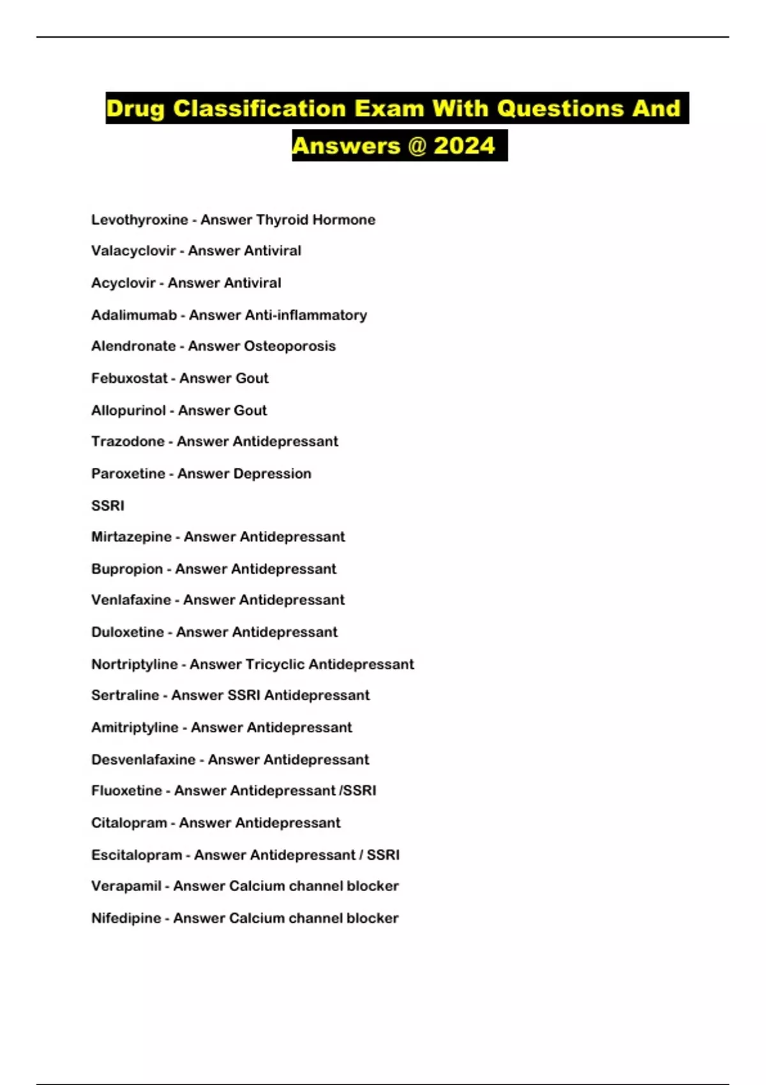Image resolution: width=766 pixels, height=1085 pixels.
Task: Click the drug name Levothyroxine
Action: point(139,220)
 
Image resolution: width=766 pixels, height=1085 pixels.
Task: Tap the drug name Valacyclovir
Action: point(133,251)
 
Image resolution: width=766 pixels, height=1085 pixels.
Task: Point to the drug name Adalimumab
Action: point(134,315)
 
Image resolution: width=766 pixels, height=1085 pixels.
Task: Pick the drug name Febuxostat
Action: point(129,378)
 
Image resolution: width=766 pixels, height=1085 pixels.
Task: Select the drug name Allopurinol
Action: point(128,410)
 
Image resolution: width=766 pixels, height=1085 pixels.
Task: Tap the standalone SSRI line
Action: point(108,505)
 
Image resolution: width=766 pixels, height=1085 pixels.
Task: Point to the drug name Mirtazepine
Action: point(131,537)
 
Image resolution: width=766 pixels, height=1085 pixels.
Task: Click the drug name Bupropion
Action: point(127,569)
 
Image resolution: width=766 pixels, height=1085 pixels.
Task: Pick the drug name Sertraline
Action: point(125,695)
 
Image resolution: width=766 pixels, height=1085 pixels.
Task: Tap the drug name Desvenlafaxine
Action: point(143,759)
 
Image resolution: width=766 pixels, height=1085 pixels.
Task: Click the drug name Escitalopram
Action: point(137,855)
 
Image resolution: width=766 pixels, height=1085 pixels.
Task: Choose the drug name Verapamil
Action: point(126,886)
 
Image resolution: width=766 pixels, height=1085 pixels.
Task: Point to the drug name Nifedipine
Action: point(126,918)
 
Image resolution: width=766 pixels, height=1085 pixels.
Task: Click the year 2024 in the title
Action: point(464,146)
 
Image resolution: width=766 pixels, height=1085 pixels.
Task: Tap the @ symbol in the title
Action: point(416,146)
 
